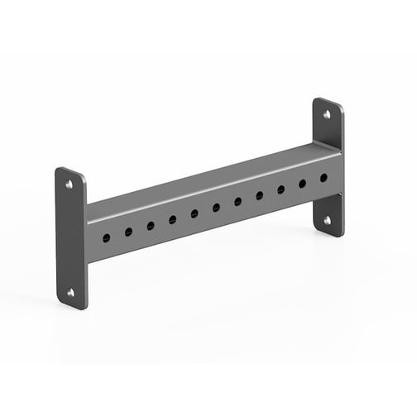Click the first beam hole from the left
point(107,237)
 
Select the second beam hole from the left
point(128,232)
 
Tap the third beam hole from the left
point(151,225)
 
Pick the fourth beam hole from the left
point(172,219)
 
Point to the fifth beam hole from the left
point(194,213)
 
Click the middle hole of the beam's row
point(216,207)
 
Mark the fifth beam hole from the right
point(237,201)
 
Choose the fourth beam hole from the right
point(259,195)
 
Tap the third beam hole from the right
point(280,189)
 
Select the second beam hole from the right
point(302,183)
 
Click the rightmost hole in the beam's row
point(323,178)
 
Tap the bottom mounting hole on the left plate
point(70,292)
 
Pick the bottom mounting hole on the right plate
point(328,220)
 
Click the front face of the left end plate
point(73,240)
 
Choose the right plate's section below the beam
point(328,213)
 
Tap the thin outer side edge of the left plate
point(57,236)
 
